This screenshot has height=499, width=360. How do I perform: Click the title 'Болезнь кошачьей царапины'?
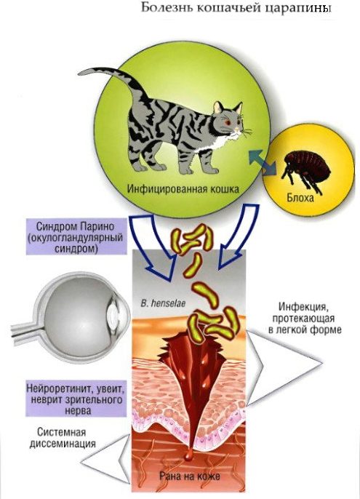[236, 8]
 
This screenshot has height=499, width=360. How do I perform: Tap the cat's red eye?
[228, 122]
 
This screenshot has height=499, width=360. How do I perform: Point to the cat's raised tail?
[112, 79]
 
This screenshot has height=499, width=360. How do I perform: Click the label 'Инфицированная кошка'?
[183, 189]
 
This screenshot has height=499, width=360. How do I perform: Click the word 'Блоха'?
[300, 197]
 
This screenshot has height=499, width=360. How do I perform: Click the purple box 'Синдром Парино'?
[76, 236]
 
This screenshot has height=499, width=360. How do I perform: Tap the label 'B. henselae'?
[163, 303]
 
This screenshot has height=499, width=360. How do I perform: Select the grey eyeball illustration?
[83, 319]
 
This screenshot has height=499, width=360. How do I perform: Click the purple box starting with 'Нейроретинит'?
[76, 398]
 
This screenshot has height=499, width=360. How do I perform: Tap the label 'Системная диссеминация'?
[63, 438]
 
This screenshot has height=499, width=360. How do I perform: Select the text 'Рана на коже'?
[189, 476]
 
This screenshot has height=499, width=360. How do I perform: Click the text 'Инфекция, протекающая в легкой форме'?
[305, 318]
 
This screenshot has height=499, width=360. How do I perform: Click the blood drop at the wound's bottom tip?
[188, 456]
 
